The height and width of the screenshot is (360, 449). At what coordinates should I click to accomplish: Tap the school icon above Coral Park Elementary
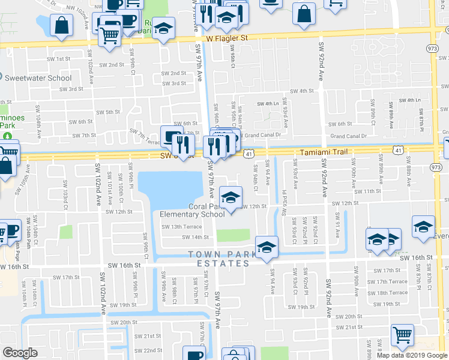tap(231, 197)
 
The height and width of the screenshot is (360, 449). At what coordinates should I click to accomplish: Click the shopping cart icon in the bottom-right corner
tap(402, 334)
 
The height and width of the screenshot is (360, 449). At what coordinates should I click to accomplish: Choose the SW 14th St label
tap(178, 237)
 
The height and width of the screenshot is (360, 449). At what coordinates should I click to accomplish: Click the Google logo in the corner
tap(20, 353)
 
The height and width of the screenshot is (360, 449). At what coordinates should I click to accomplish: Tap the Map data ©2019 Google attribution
tap(412, 355)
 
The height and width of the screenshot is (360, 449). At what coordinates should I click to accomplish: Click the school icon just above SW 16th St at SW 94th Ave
tap(267, 247)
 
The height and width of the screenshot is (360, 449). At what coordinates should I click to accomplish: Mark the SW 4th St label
tap(302, 91)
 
